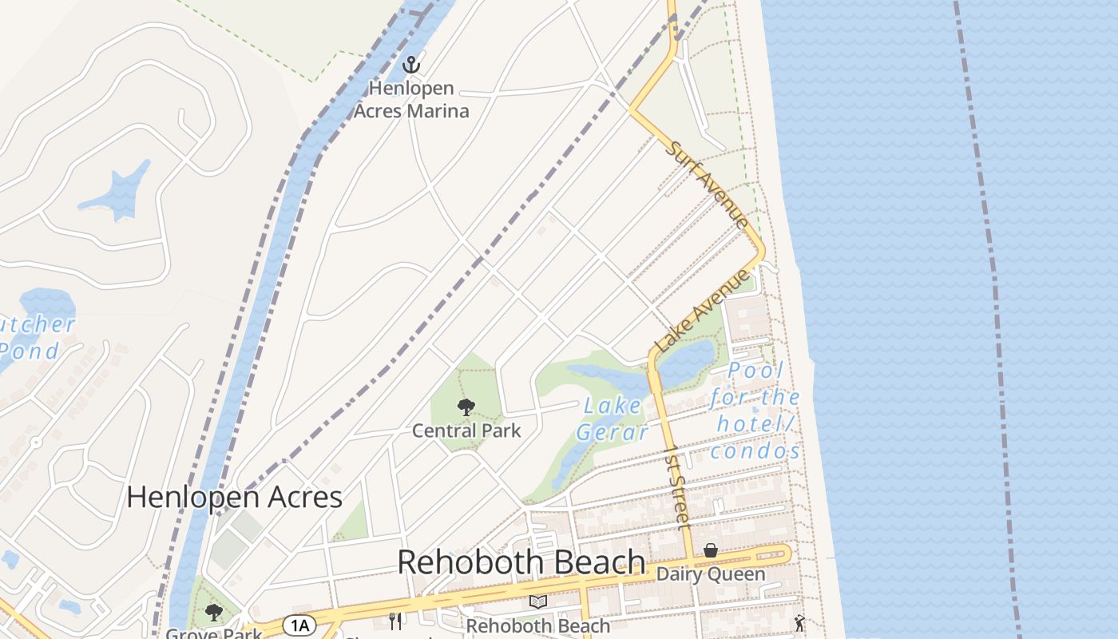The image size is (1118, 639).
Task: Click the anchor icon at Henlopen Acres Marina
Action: click(x=411, y=64)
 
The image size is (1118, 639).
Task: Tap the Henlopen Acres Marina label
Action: click(x=411, y=100)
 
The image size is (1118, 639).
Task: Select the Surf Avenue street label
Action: click(x=708, y=184)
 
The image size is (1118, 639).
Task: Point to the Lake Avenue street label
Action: click(x=703, y=311)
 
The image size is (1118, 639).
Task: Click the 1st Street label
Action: click(x=676, y=486)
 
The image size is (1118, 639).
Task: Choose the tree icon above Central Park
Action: click(x=466, y=408)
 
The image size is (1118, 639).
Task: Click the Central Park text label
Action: click(x=466, y=431)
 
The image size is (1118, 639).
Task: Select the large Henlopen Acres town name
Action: click(x=234, y=497)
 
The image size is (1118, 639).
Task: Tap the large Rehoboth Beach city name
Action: click(x=521, y=562)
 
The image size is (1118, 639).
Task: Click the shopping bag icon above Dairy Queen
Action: click(x=710, y=550)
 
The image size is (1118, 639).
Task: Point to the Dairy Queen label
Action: click(x=710, y=574)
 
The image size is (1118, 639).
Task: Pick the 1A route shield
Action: click(x=299, y=625)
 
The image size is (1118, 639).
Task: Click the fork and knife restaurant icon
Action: click(x=395, y=621)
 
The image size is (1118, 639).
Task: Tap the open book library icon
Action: click(x=538, y=602)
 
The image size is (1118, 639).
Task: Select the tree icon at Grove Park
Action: click(x=213, y=613)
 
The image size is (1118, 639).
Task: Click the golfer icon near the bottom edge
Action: click(x=799, y=623)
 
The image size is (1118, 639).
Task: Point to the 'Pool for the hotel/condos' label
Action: click(x=755, y=411)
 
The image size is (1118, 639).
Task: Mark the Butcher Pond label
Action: click(x=36, y=337)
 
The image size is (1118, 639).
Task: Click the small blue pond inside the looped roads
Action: click(x=118, y=192)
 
